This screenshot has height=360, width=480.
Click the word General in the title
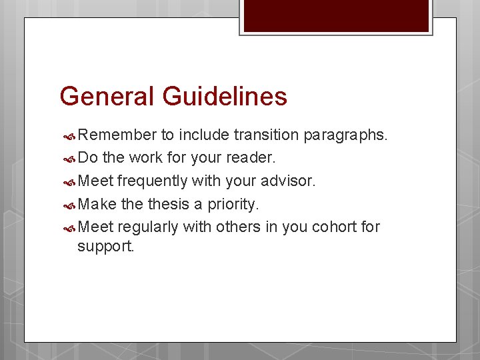[x=106, y=96]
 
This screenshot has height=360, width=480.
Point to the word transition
[x=266, y=135]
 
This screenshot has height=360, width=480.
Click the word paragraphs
[x=345, y=136]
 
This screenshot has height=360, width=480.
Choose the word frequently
[x=151, y=181]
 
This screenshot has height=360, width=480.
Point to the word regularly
[x=148, y=227]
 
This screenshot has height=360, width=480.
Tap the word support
[x=105, y=247]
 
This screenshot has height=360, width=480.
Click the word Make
[x=97, y=204]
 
